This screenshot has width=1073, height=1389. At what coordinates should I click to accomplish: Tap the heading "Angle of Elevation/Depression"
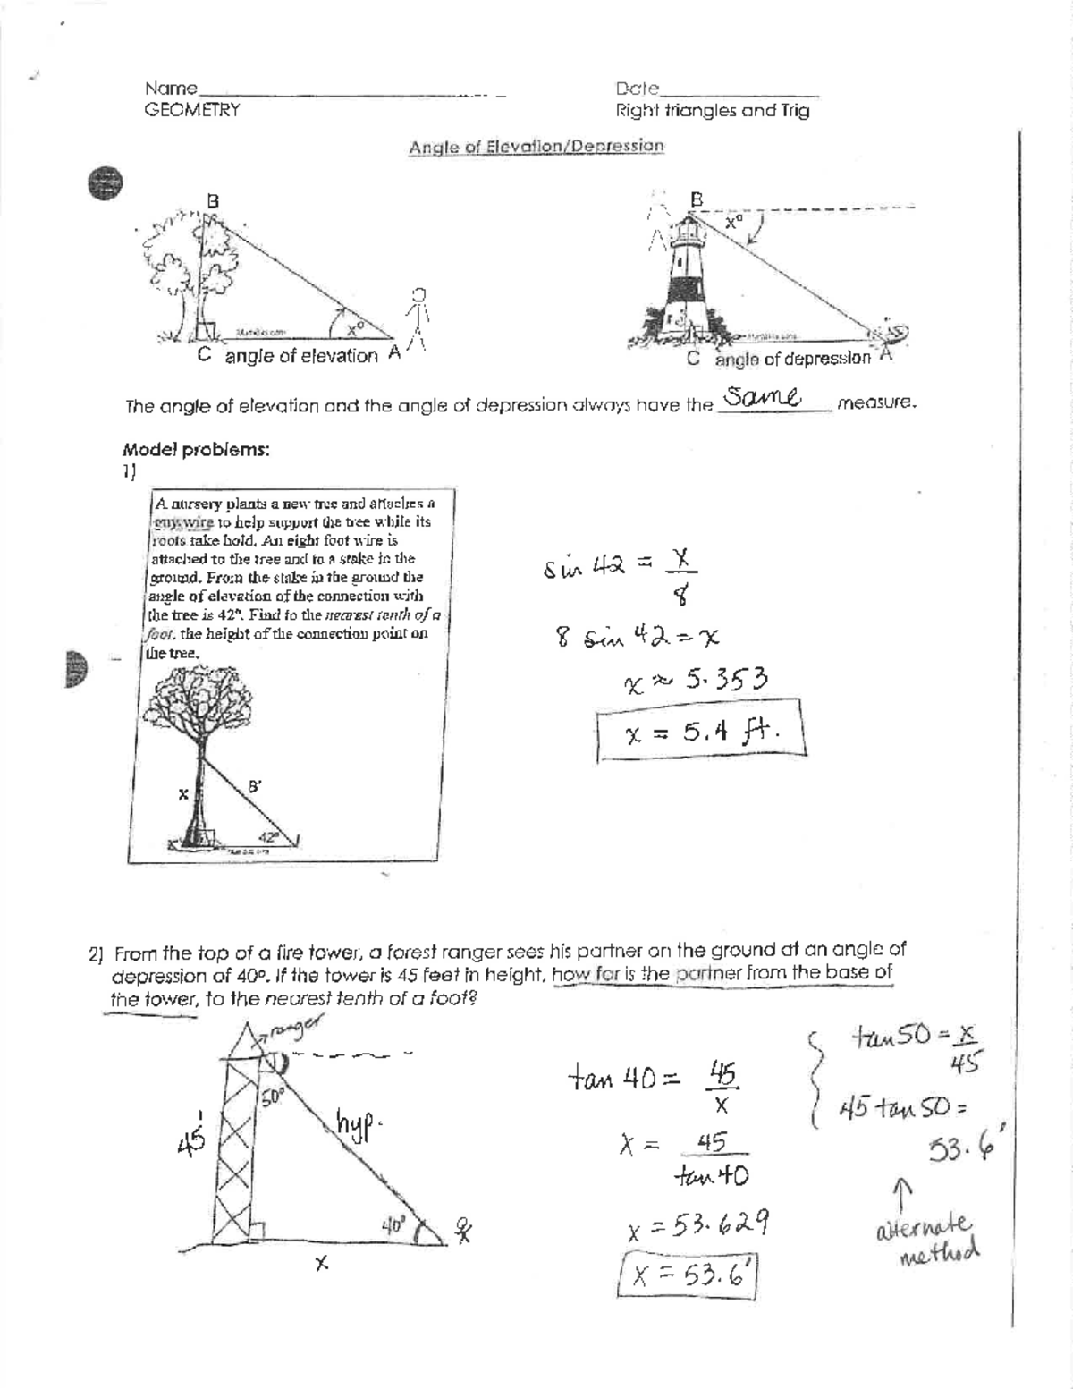536,147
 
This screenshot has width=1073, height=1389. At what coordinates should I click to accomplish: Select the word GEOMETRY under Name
191,110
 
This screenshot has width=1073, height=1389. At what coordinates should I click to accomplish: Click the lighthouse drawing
687,273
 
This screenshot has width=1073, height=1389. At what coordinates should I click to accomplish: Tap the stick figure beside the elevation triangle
418,318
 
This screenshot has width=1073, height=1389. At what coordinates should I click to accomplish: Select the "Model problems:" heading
196,450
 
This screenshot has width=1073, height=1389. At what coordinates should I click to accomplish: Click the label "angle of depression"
792,359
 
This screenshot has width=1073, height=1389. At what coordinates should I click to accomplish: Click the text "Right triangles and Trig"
712,111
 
